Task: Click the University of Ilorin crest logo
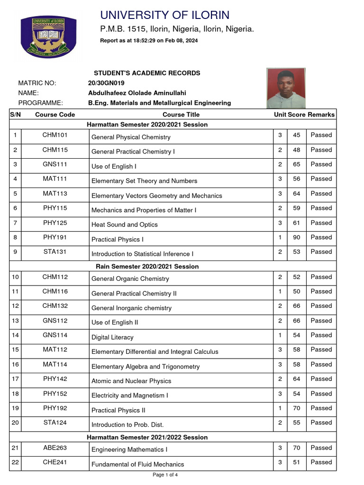tap(48, 37)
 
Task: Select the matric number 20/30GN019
tap(106, 83)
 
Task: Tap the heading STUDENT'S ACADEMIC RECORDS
tap(147, 73)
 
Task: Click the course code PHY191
tap(55, 237)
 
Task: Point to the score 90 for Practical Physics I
tap(297, 237)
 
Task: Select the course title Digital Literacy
tap(112, 337)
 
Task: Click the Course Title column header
tap(181, 114)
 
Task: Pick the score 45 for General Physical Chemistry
tap(297, 135)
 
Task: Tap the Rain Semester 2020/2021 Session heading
tap(147, 266)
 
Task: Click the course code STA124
tap(55, 422)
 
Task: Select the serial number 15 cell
tap(15, 350)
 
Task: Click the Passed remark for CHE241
tap(321, 462)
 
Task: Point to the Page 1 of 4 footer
tap(165, 475)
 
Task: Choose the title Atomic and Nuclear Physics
tap(131, 381)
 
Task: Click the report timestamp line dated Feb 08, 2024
tap(149, 41)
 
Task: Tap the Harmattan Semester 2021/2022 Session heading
tap(147, 437)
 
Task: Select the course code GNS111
tap(55, 164)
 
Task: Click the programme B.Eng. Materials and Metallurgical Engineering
tap(160, 103)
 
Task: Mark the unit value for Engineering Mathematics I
tap(280, 448)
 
